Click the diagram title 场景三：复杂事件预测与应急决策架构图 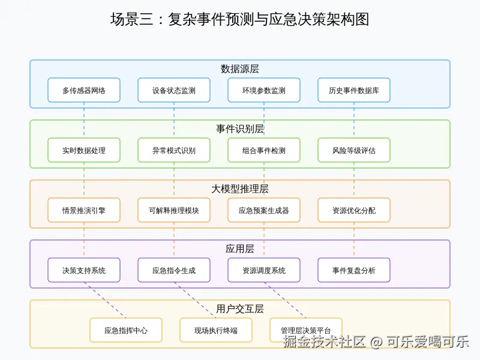click(240, 19)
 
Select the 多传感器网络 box click(84, 91)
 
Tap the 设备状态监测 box click(174, 91)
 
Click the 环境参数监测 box click(264, 91)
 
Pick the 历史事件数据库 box click(354, 91)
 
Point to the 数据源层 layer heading click(240, 69)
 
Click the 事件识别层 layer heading click(240, 129)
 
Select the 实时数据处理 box click(84, 151)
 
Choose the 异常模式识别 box click(174, 151)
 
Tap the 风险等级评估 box click(354, 151)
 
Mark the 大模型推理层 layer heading click(240, 189)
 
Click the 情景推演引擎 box click(84, 211)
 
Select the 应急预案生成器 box click(264, 211)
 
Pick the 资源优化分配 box click(354, 211)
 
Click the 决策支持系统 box click(84, 271)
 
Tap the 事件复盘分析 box click(354, 271)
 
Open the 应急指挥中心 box click(126, 331)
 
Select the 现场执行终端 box click(216, 331)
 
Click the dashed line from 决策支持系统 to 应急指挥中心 click(105, 300)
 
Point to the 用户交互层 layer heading click(240, 309)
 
